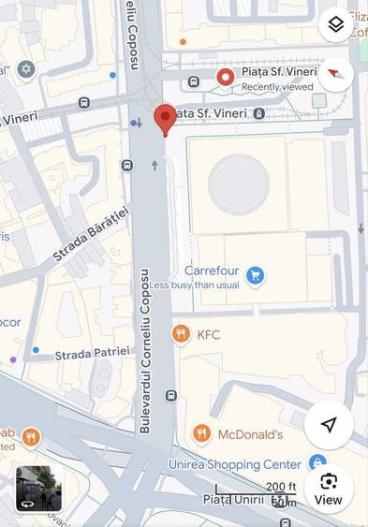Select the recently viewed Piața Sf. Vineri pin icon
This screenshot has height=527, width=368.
[225, 77]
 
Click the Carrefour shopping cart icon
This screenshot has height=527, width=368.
[255, 275]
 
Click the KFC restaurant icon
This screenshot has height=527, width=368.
[181, 334]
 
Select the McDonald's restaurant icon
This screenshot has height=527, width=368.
[201, 433]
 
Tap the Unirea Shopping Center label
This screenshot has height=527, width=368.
[235, 464]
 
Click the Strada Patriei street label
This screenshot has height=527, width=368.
[93, 354]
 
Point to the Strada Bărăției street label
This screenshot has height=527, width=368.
[90, 233]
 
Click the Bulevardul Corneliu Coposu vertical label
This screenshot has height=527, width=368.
[145, 350]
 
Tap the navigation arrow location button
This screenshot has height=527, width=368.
[329, 425]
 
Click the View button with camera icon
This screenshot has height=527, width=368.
[329, 489]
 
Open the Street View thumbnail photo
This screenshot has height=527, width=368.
[38, 489]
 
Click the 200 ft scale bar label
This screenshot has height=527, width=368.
[279, 488]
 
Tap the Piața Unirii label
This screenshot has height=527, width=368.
[234, 500]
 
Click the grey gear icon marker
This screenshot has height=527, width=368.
[26, 69]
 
